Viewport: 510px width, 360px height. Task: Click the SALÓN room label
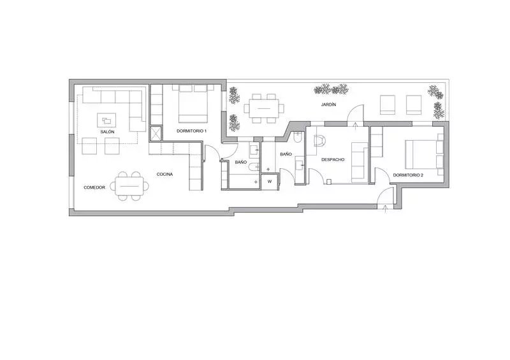[107, 132]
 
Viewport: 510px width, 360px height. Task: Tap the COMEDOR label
[94, 187]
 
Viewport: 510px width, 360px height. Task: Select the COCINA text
[164, 175]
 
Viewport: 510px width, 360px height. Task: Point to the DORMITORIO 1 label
[192, 131]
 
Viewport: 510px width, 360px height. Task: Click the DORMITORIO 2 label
[408, 175]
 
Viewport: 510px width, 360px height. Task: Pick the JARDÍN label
[328, 104]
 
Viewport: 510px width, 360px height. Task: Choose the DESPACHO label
[333, 160]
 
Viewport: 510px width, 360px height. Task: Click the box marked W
[270, 182]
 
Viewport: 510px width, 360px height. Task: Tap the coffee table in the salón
[106, 120]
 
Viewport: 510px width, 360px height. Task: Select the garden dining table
[264, 108]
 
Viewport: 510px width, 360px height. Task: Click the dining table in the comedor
[129, 186]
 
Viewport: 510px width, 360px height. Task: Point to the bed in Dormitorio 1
[193, 104]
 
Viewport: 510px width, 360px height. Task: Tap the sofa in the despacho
[360, 162]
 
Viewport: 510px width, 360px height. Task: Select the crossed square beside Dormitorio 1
[155, 133]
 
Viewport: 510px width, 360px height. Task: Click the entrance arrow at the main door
[386, 209]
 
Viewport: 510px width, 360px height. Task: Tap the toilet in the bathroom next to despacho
[298, 138]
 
